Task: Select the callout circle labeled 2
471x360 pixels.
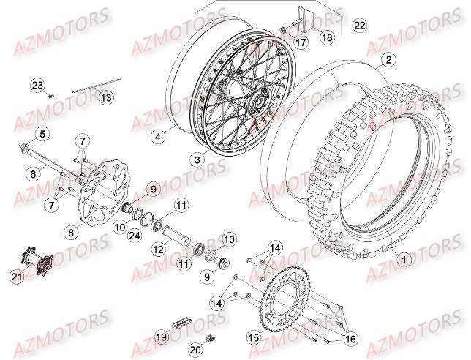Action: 388,60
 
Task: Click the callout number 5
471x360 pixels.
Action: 42,134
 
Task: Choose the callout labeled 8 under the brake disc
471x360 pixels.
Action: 70,233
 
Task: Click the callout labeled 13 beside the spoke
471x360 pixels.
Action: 107,97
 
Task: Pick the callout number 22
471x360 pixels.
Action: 358,26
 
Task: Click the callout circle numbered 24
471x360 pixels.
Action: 135,235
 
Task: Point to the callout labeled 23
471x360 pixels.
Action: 37,86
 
